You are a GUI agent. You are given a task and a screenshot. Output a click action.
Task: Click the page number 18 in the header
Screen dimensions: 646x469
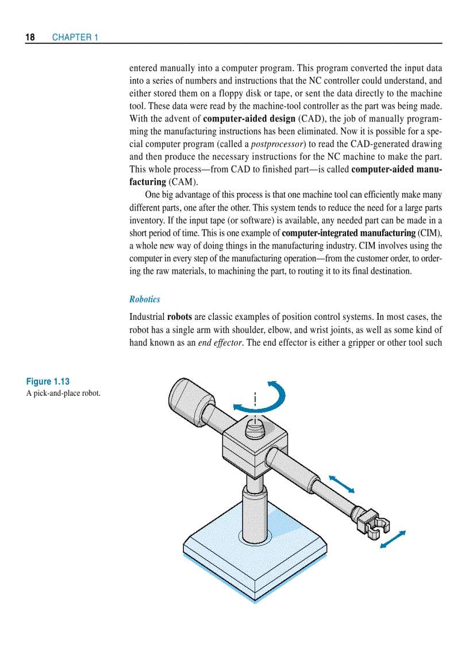pos(30,37)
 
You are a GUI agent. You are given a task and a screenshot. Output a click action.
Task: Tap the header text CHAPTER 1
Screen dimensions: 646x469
pos(75,37)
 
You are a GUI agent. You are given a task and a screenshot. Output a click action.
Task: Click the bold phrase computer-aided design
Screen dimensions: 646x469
pos(249,119)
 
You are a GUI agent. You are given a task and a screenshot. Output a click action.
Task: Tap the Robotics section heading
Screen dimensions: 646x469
pos(144,299)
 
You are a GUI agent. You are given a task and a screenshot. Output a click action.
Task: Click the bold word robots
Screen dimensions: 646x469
pos(179,317)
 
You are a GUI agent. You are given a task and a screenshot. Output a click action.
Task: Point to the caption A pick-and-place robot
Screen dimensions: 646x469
pos(63,393)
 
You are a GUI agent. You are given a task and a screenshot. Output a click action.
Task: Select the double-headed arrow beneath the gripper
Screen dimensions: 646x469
pos(393,540)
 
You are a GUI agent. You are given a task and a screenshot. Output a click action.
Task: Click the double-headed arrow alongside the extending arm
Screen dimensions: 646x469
pos(341,484)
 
